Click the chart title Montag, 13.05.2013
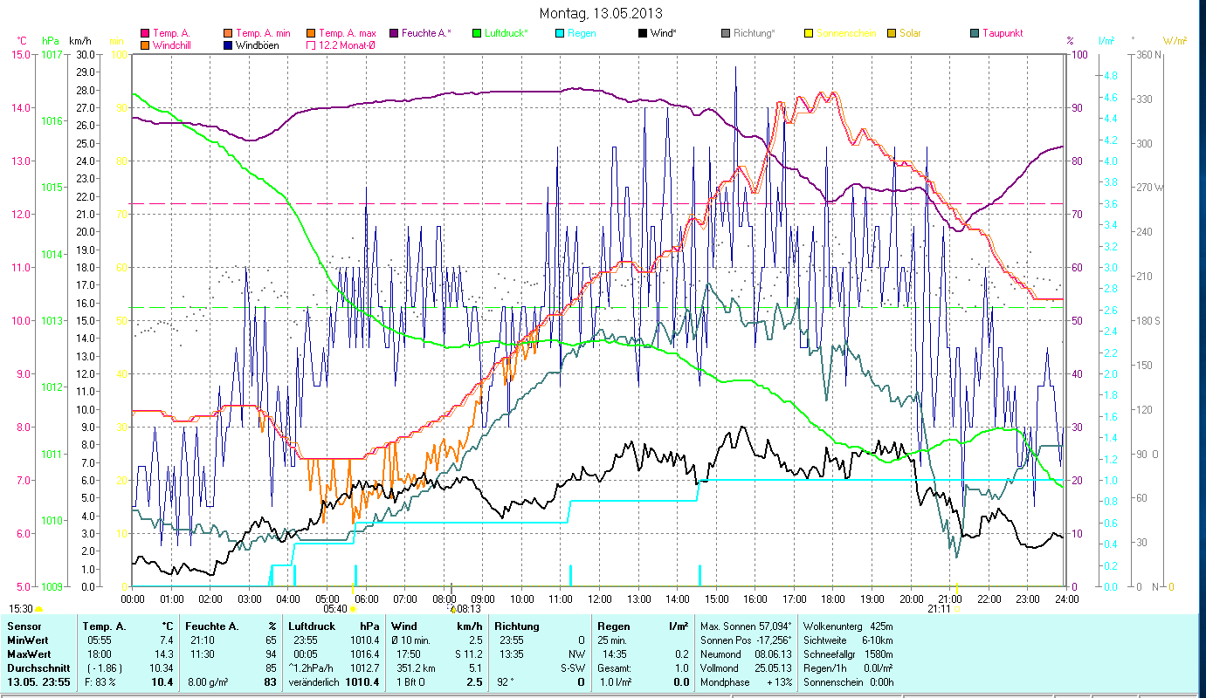point(601,13)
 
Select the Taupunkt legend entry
point(1002,33)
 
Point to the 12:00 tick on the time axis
point(600,599)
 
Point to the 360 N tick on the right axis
point(1149,54)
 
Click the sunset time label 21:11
point(940,609)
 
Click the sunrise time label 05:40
point(335,609)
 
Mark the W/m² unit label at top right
point(1175,40)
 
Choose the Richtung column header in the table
point(517,626)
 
